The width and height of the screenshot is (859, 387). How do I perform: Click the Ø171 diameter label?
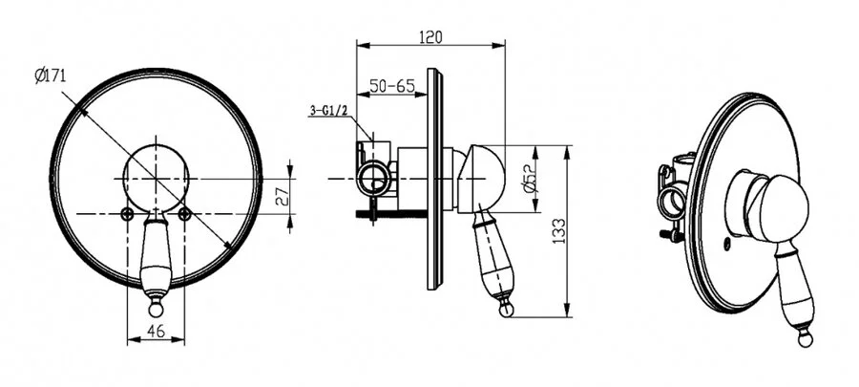pyautogui.click(x=50, y=75)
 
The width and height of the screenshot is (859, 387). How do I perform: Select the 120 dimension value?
pyautogui.click(x=430, y=36)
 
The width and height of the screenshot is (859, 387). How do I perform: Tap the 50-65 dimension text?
pyautogui.click(x=391, y=86)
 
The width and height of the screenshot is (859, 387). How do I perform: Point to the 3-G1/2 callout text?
pyautogui.click(x=328, y=111)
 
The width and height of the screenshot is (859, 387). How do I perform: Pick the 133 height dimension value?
pyautogui.click(x=558, y=231)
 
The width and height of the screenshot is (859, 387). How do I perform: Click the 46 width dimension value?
pyautogui.click(x=157, y=331)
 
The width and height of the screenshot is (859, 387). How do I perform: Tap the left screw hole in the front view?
pyautogui.click(x=127, y=214)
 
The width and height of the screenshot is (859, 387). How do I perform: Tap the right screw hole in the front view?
pyautogui.click(x=184, y=214)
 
